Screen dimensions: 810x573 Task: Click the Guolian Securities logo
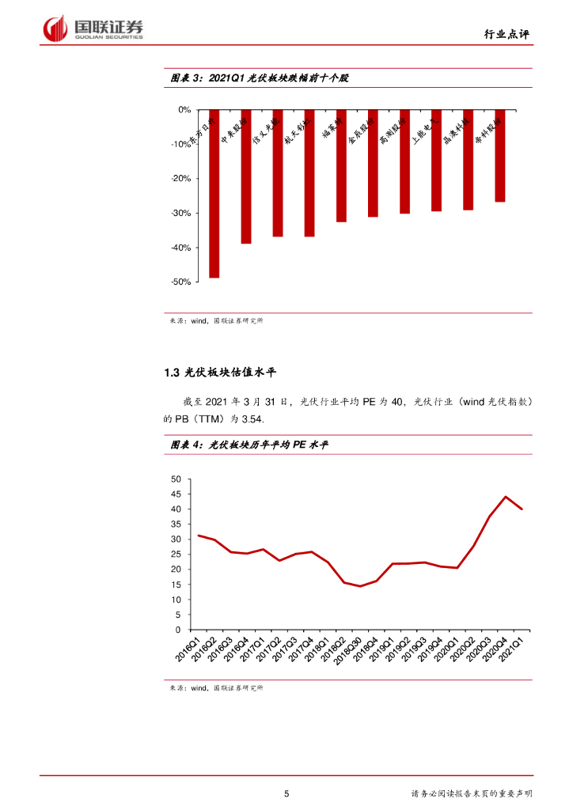pyautogui.click(x=93, y=29)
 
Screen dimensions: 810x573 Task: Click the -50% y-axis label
pyautogui.click(x=180, y=282)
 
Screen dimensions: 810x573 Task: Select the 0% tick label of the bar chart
pyautogui.click(x=184, y=110)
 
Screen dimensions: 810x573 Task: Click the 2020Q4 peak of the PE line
pyautogui.click(x=506, y=497)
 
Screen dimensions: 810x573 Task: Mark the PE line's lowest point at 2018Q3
pyautogui.click(x=360, y=586)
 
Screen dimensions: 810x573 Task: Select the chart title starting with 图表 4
pyautogui.click(x=249, y=446)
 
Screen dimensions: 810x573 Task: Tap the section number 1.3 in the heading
pyautogui.click(x=172, y=373)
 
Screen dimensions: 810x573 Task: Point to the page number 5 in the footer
pyautogui.click(x=286, y=793)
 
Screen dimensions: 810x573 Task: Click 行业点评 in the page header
pyautogui.click(x=506, y=34)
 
